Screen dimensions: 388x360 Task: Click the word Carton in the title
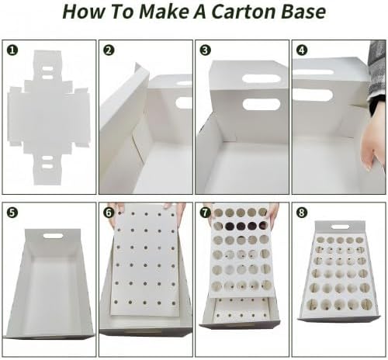pos(243,12)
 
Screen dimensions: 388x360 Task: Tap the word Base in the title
pos(303,12)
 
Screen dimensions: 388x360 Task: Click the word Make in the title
pos(164,12)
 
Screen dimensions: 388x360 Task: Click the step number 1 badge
pos(12,50)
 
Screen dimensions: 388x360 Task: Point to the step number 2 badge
pos(109,50)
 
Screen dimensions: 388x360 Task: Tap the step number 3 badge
pos(205,50)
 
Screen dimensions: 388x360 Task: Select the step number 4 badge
pos(302,50)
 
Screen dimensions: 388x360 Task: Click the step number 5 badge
pos(12,213)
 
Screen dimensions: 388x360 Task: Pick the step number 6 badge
pos(109,213)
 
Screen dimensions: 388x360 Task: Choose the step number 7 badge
pos(205,213)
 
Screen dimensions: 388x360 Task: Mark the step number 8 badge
pos(302,213)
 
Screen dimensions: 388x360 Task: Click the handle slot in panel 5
pos(53,236)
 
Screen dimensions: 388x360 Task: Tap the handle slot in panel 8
pos(341,227)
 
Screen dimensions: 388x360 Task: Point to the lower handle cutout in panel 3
pos(262,104)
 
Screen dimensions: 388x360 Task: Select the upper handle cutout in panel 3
pos(262,78)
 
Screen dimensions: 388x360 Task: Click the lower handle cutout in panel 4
pos(313,95)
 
